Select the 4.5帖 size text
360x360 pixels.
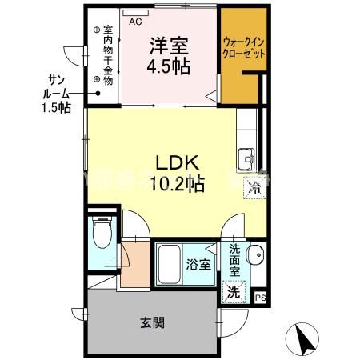pos(167,66)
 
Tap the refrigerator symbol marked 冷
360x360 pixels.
pos(254,189)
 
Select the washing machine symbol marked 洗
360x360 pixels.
pos(233,292)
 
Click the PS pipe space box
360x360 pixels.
pos(259,298)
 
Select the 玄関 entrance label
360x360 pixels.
pos(153,323)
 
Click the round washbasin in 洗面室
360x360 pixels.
pos(255,257)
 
